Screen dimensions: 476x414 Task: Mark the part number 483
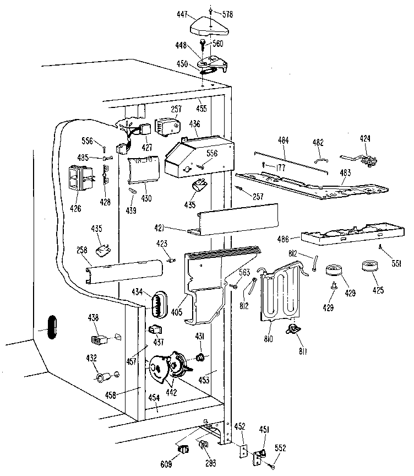(x=345, y=172)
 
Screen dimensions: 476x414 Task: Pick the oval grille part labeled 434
(x=158, y=304)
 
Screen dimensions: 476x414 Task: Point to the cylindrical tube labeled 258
(x=124, y=270)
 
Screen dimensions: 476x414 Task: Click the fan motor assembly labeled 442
(x=168, y=366)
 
